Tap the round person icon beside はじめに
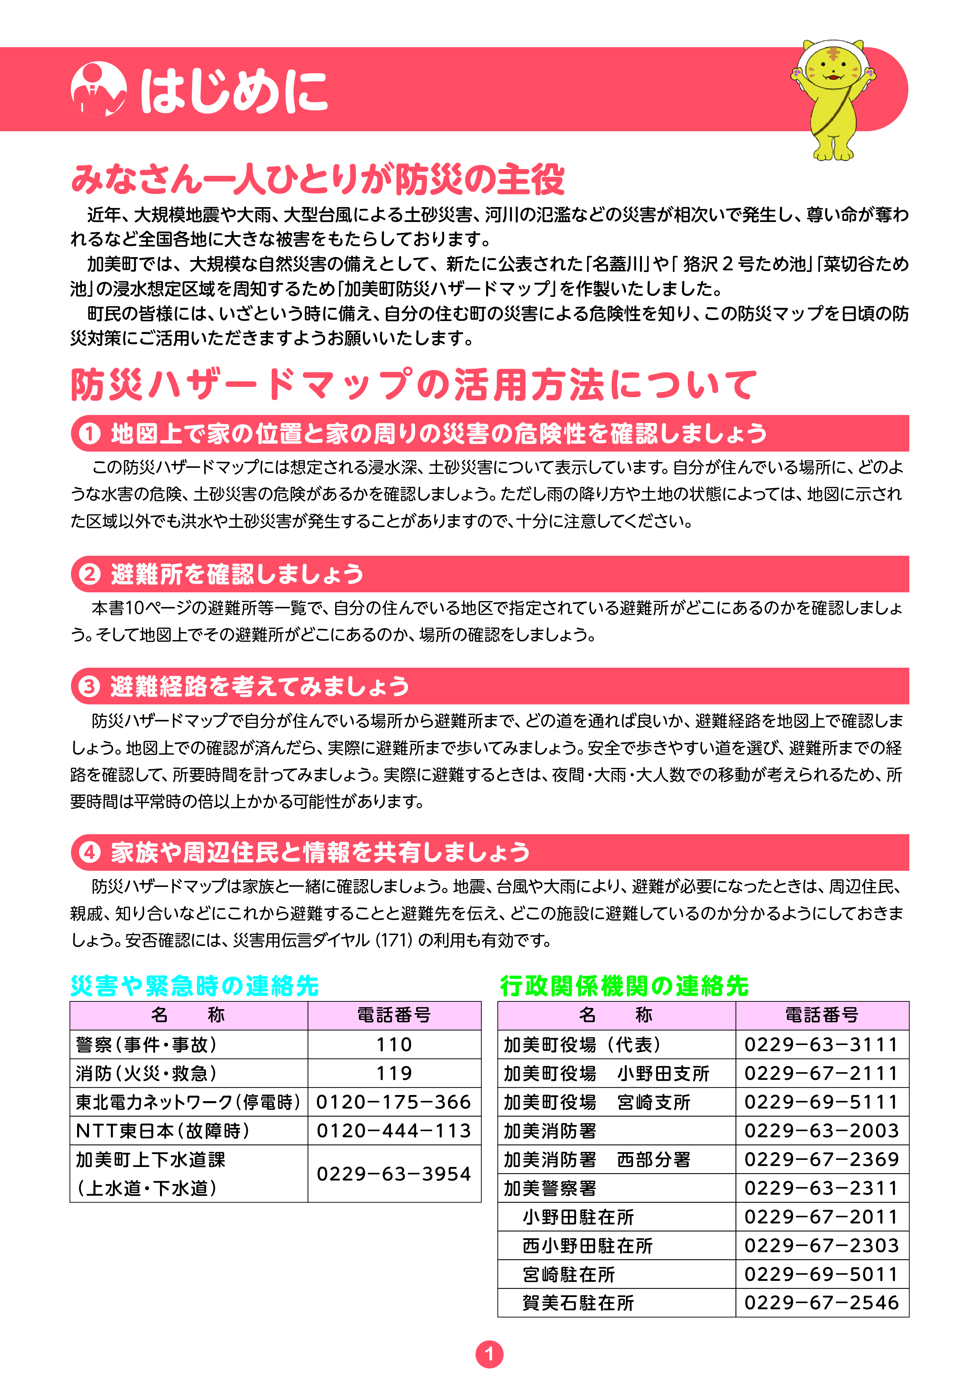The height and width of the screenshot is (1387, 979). click(98, 89)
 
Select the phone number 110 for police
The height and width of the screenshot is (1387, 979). click(394, 1044)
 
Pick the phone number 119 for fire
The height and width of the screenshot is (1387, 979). click(394, 1073)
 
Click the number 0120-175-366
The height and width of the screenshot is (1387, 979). click(394, 1102)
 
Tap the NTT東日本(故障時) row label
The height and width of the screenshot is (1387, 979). click(163, 1131)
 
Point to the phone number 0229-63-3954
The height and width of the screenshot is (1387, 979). click(394, 1174)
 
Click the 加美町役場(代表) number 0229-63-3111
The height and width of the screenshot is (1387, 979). click(821, 1044)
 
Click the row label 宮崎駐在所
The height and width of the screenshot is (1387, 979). click(569, 1275)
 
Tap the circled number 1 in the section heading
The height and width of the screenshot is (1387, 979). click(90, 434)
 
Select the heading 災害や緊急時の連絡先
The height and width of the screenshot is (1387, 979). click(195, 986)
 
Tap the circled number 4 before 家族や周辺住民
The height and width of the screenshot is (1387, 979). click(90, 852)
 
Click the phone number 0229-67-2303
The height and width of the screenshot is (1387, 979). click(821, 1246)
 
